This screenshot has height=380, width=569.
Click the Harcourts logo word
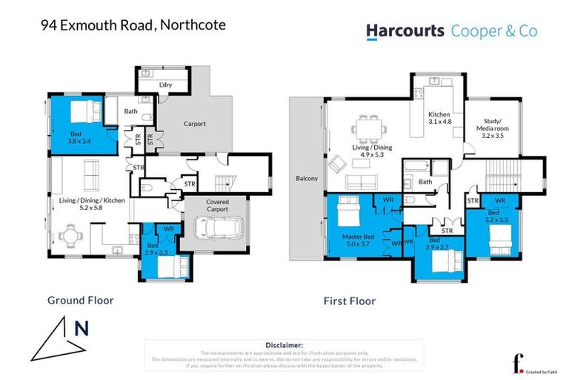click(x=405, y=30)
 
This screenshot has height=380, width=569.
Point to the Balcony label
click(x=306, y=178)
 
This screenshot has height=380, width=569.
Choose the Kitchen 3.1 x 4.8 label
click(x=439, y=117)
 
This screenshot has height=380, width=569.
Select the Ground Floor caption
click(x=80, y=301)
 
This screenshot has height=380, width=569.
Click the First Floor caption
click(x=349, y=301)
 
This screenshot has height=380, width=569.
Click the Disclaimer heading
click(x=284, y=345)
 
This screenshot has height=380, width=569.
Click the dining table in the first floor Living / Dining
click(x=365, y=128)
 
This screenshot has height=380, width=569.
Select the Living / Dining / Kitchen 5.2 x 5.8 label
click(x=93, y=204)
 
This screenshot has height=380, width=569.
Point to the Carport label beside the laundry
click(x=195, y=124)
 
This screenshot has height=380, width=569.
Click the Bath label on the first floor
click(x=425, y=182)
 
